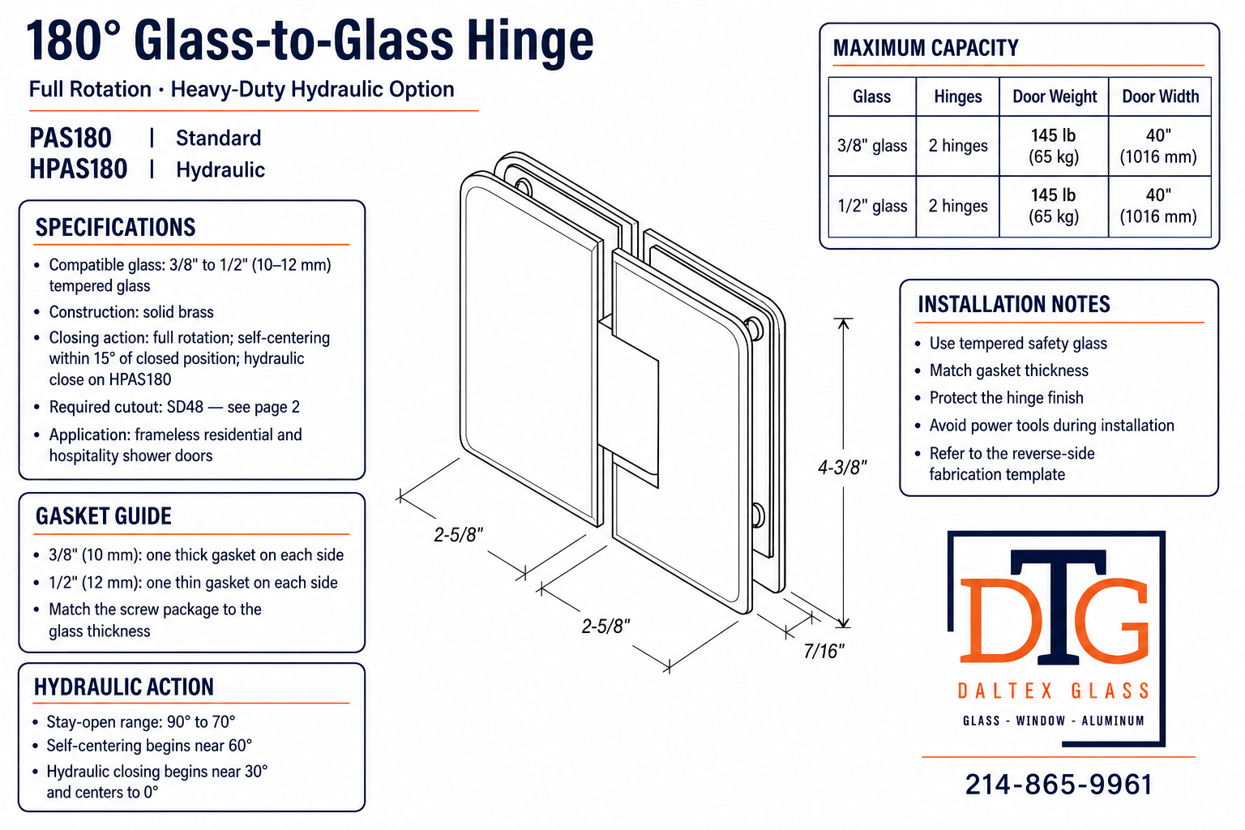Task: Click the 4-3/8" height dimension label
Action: coord(842,468)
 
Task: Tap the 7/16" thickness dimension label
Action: coord(824,651)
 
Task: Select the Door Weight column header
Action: coord(1055,96)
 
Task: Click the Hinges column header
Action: coord(957,96)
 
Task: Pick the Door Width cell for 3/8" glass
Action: coord(1158,146)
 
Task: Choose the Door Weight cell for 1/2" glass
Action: coord(1053,206)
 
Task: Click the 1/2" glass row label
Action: coord(872,206)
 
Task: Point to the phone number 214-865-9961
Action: coord(1059,785)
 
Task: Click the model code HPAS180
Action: coord(79,169)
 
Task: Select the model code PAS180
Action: coord(71,138)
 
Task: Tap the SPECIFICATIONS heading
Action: coord(116,228)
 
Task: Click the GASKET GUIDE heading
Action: coord(104,516)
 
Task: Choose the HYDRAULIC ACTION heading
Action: coord(124,687)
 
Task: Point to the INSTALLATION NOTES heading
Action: coord(1014,305)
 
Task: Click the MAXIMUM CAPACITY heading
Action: coord(926,49)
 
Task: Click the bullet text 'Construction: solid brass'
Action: coord(131,312)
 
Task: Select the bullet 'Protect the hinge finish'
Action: coord(1007,398)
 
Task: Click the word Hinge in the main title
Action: coord(529,41)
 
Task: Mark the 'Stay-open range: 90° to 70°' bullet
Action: coord(140,721)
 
